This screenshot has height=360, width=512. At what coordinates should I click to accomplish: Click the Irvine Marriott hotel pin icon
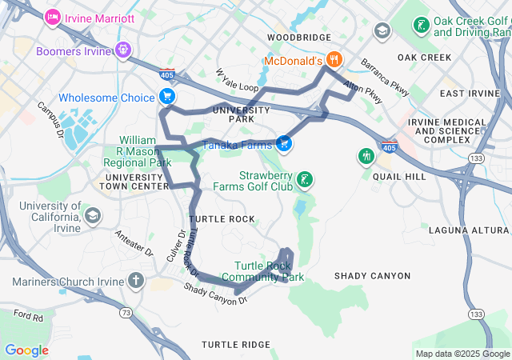coord(53,16)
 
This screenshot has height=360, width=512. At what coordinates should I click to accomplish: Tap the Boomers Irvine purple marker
coord(122,51)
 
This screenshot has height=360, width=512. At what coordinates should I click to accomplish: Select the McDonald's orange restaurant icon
coord(334,60)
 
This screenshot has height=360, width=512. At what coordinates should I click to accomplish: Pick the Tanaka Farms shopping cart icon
coord(283,144)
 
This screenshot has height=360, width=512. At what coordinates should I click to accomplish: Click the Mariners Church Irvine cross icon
coord(136,281)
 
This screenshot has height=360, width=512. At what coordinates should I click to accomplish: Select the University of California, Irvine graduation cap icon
coord(93,216)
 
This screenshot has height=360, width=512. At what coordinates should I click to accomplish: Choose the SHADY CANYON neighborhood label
coord(372,276)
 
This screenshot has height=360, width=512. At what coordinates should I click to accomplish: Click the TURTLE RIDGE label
coord(235,344)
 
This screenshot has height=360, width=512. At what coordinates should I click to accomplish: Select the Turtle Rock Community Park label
coord(269,272)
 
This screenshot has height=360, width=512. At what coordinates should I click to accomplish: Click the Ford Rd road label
coord(27,317)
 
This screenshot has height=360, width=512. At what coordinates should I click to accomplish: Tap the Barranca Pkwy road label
coord(384,77)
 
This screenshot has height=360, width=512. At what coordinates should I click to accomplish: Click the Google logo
coord(26,350)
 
